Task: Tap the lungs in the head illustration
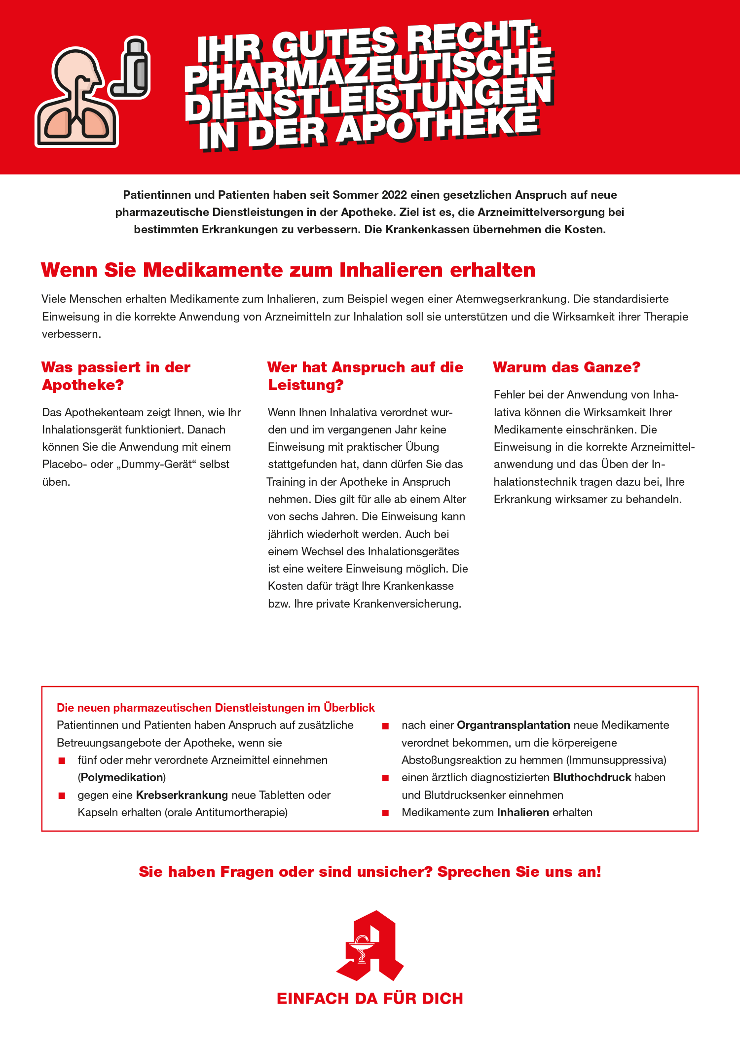click(x=76, y=123)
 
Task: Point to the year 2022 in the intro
click(x=394, y=195)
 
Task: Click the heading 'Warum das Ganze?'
click(x=566, y=367)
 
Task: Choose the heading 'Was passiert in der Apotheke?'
click(x=116, y=376)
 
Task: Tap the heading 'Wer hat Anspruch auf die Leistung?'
click(x=365, y=376)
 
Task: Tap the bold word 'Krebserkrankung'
click(x=182, y=795)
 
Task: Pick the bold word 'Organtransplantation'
click(x=513, y=725)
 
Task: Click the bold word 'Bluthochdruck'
click(x=592, y=778)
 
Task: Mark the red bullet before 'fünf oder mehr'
click(x=62, y=760)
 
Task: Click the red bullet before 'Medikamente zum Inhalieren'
click(x=386, y=813)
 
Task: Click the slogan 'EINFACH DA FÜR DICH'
click(x=370, y=999)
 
